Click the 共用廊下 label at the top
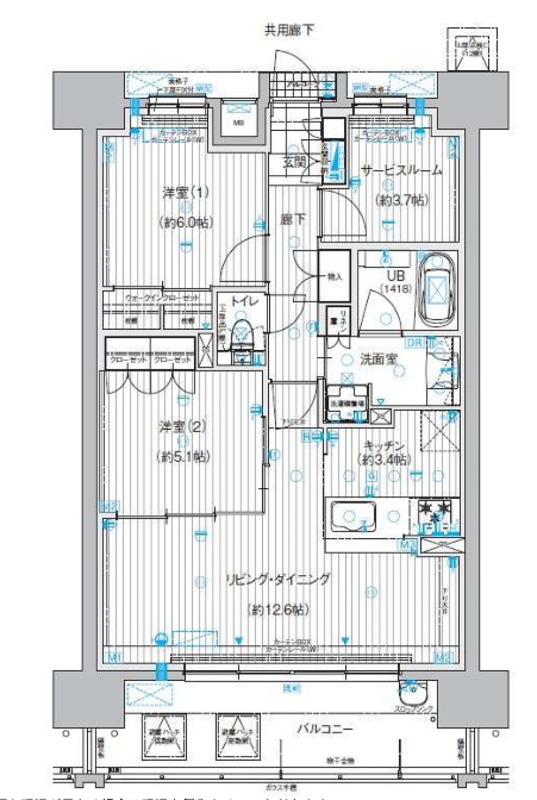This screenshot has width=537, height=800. coord(288,30)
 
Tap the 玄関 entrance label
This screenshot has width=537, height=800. coord(294,161)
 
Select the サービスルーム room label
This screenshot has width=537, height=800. coord(402,171)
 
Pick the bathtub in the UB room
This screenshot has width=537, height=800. coord(437,292)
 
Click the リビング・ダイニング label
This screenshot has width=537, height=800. coord(278,580)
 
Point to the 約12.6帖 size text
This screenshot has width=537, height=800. coord(278,610)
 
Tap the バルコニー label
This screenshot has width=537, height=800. coord(325,729)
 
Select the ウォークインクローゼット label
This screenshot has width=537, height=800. coord(162,297)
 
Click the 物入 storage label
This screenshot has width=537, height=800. coord(335,277)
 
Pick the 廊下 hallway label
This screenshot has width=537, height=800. coord(293,220)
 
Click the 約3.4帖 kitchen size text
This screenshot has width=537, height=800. coord(384,460)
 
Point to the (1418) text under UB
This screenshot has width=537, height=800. coord(396,289)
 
